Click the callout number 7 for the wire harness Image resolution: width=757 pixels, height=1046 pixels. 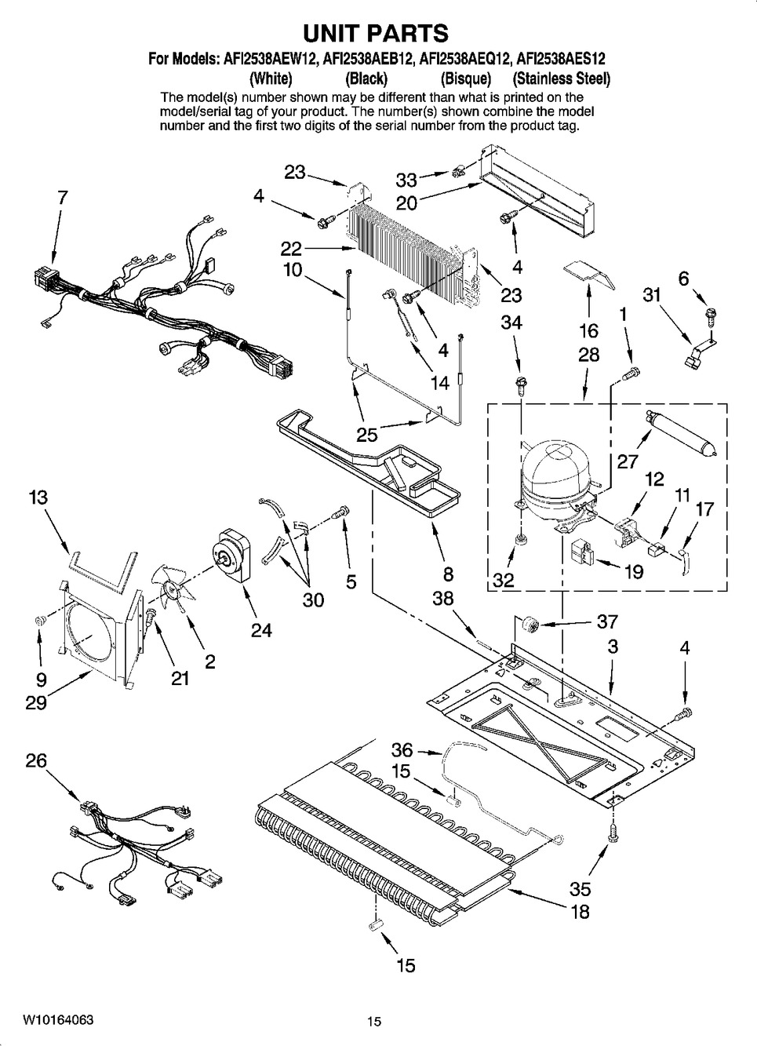(63, 199)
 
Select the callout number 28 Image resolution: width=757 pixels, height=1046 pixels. (588, 355)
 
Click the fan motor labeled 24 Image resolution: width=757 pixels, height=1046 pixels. (232, 559)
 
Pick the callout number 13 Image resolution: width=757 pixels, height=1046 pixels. (38, 497)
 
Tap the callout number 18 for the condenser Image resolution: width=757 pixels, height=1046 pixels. (580, 912)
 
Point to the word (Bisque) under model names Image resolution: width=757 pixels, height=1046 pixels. (465, 78)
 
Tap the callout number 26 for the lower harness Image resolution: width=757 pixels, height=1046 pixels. (36, 761)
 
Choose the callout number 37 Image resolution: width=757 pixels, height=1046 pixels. (607, 622)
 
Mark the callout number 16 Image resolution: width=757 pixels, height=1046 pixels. (588, 330)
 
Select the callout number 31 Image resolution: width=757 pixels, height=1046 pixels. (651, 294)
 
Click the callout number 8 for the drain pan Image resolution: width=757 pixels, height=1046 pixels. (448, 574)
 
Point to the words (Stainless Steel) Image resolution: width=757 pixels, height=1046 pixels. (561, 78)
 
